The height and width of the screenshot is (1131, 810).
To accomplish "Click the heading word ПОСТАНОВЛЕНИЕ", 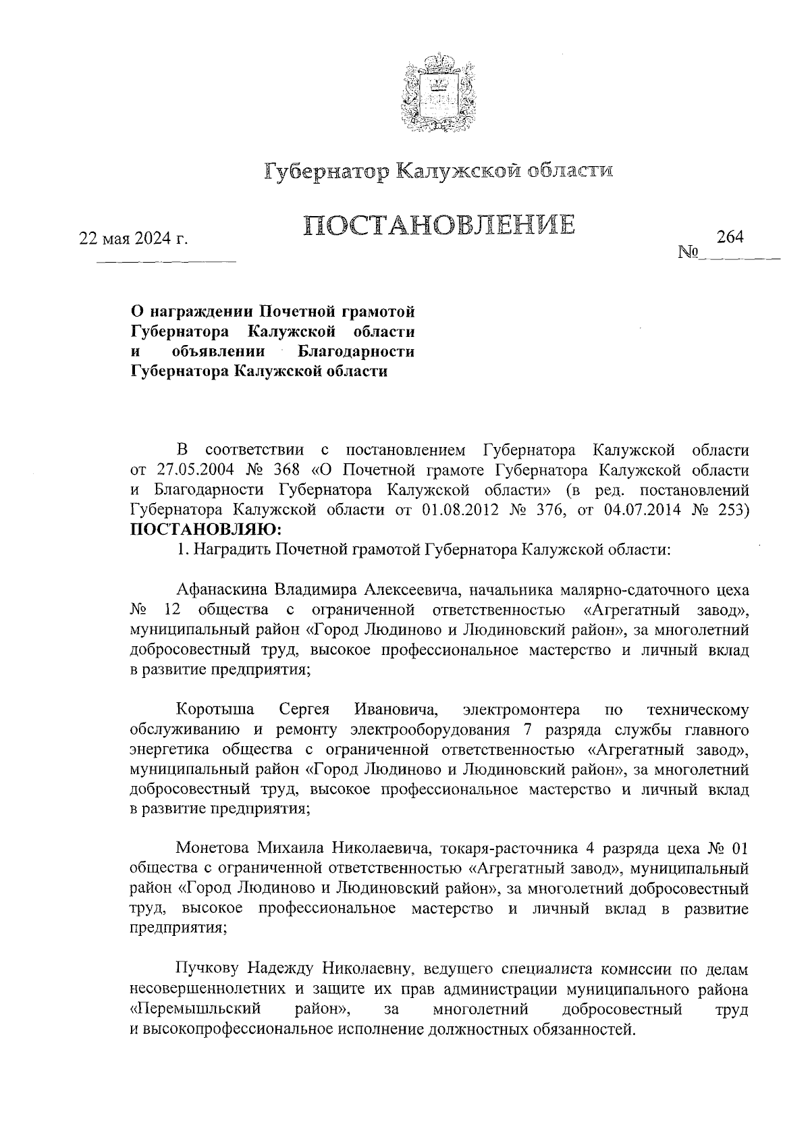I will pyautogui.click(x=439, y=224).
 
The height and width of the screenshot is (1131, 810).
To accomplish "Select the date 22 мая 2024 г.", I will pyautogui.click(x=134, y=239).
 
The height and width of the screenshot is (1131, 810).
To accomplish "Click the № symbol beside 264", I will pyautogui.click(x=687, y=253).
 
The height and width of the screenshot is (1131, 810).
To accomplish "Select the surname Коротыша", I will pyautogui.click(x=215, y=710).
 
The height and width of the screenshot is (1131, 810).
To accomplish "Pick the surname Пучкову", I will pyautogui.click(x=206, y=969).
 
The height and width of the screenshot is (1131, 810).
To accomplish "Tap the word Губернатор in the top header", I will pyautogui.click(x=326, y=172).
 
